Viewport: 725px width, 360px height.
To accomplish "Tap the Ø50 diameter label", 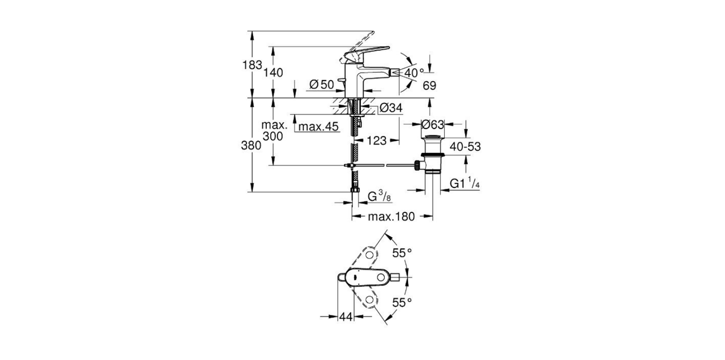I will tap(321, 84).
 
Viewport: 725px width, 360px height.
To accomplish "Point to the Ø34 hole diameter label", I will tap(391, 108).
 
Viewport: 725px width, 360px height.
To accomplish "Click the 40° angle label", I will tap(415, 72).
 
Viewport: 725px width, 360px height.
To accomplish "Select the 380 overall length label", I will tap(252, 145).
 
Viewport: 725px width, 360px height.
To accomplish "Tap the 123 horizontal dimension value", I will tap(376, 141).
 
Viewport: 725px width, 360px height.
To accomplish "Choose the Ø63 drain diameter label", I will tap(432, 125).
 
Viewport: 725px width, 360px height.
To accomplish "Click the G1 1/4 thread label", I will tap(465, 184).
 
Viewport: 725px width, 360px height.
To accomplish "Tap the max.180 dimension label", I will tap(393, 216).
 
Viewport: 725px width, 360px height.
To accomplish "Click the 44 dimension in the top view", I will tap(346, 316).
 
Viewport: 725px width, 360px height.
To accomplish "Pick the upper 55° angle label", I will tap(402, 253).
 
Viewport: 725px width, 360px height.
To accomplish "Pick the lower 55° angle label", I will tap(402, 302).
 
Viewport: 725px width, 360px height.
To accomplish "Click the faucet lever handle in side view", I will tap(366, 53).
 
